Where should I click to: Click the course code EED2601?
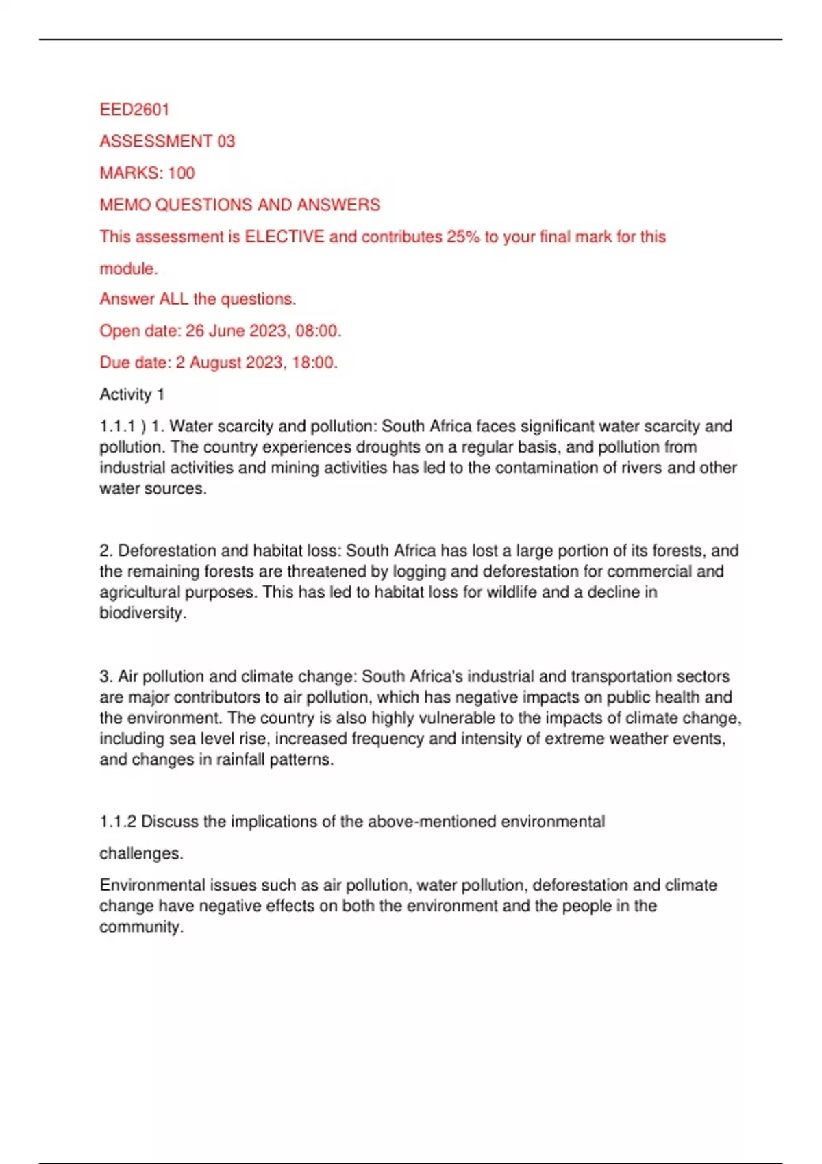point(134,110)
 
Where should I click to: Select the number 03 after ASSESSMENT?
point(226,141)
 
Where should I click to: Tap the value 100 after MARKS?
point(182,173)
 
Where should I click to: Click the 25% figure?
point(463,237)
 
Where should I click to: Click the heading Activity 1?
point(132,394)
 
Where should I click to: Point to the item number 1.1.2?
point(118,822)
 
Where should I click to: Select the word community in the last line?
point(140,927)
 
